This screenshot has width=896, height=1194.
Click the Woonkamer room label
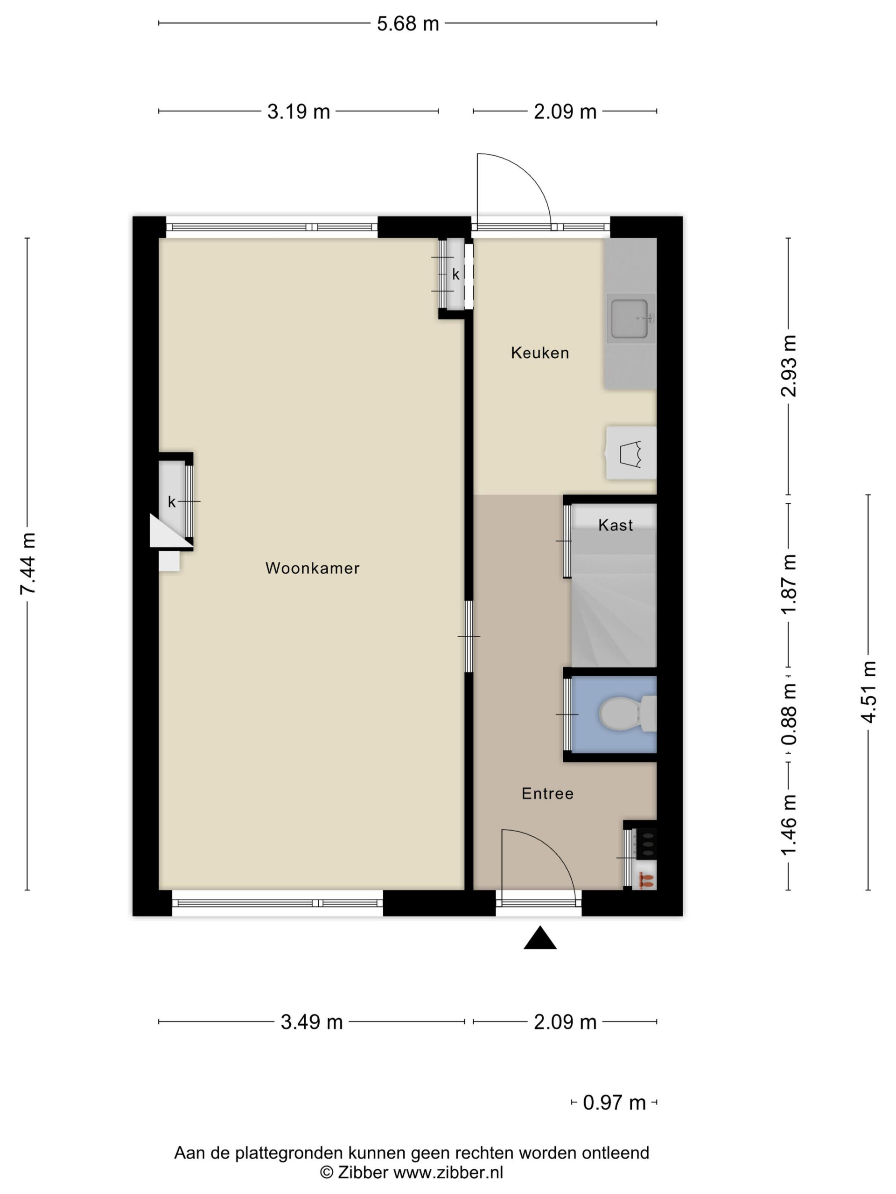(312, 568)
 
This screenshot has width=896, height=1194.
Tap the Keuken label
(539, 353)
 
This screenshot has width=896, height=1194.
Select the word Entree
(547, 793)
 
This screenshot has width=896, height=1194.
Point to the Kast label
(615, 525)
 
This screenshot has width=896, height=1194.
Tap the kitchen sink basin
(629, 319)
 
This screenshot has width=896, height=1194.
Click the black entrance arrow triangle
(539, 937)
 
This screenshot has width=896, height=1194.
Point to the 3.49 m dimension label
(312, 1022)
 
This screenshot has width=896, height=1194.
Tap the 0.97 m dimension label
(614, 1103)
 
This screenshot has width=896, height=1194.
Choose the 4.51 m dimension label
(868, 692)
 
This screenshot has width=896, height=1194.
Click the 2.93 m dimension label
(789, 366)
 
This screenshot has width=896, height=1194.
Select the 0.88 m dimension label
(789, 714)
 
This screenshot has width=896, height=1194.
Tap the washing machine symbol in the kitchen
(630, 453)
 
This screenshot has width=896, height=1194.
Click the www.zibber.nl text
(448, 1173)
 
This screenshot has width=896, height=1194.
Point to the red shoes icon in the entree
(646, 881)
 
